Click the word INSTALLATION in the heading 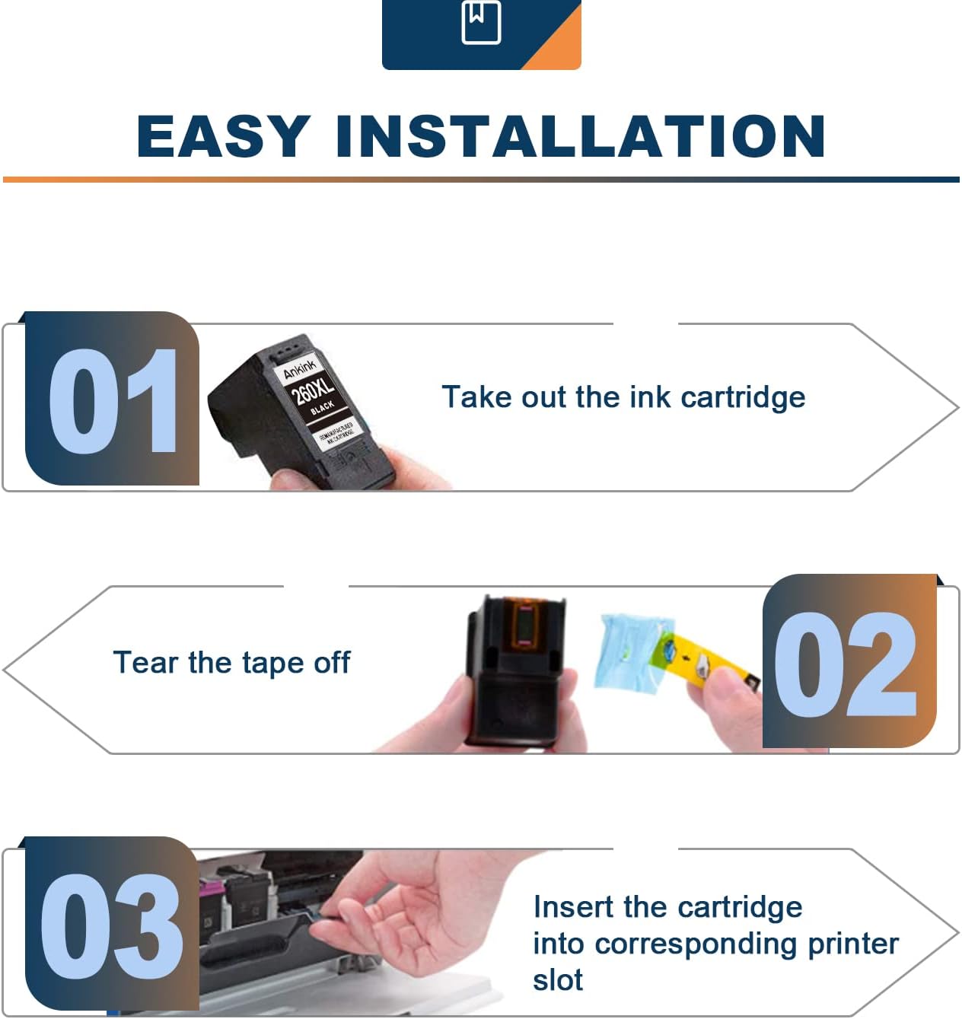580,136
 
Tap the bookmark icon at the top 481,22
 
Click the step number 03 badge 112,925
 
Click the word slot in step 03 557,980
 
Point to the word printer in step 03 852,944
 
